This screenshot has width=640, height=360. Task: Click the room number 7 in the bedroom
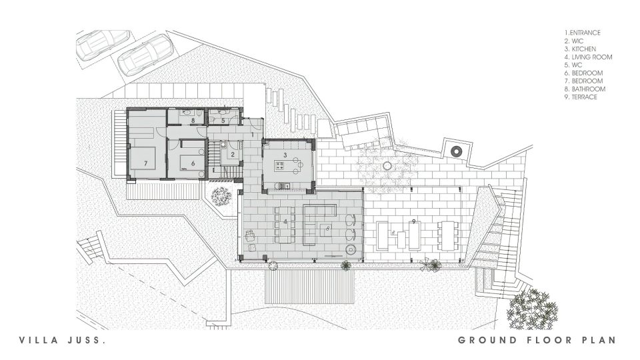coord(145,163)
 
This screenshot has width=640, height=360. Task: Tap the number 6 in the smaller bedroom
coord(193,163)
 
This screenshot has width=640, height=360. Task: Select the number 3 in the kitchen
coord(285,154)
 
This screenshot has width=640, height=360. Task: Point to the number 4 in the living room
coord(285,221)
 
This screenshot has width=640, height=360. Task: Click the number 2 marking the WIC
coord(233,154)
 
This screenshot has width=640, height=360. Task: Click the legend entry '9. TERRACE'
coord(581,97)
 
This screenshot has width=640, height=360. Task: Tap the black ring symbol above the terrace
coord(455,151)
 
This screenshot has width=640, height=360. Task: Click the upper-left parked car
coord(94,47)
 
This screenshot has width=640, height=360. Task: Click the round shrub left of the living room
coord(220,196)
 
